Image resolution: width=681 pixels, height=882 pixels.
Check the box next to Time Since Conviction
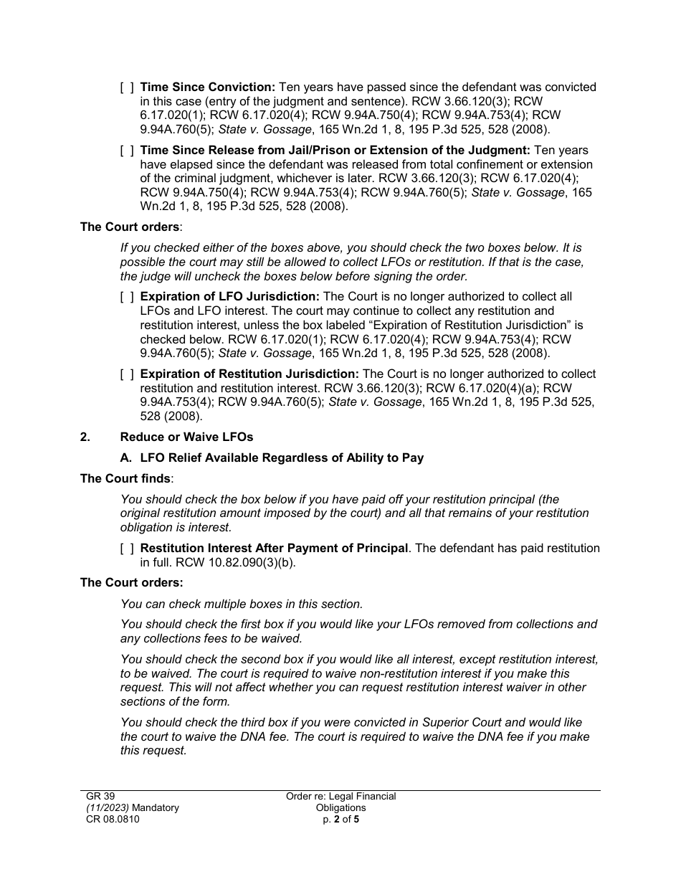pos(126,87)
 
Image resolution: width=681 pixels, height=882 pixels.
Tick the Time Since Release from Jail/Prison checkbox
pos(126,151)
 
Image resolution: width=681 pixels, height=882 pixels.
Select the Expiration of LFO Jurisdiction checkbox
pos(126,297)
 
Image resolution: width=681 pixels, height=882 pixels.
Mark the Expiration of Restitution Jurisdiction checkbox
pos(126,374)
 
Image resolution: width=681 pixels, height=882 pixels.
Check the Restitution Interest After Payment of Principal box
pos(126,549)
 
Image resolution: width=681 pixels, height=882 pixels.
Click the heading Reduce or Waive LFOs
pos(186,437)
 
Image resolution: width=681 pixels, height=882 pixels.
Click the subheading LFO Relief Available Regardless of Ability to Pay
pos(282,457)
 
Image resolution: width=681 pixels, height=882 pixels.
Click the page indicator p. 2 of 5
pos(340,819)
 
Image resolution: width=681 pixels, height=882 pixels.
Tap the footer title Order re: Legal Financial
pos(340,796)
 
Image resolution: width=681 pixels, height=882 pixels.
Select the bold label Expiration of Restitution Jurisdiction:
pos(249,374)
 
